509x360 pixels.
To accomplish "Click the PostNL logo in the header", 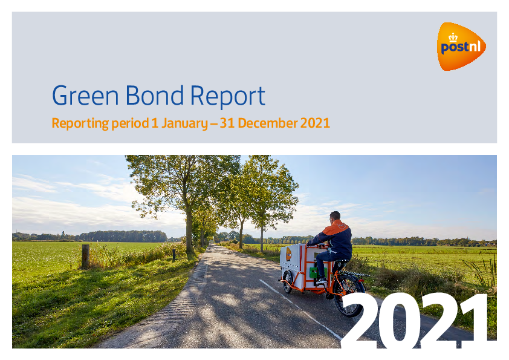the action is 461,47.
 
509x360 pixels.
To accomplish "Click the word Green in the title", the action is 85,96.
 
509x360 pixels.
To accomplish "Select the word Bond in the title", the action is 155,95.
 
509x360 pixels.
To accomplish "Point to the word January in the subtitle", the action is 185,124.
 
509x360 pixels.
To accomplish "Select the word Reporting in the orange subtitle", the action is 80,124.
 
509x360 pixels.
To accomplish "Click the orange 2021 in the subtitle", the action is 315,123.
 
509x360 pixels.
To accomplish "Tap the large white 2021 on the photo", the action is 415,320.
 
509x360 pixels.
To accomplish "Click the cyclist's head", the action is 335,216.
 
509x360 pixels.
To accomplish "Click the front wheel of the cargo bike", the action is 287,282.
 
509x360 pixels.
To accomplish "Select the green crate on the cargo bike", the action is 314,272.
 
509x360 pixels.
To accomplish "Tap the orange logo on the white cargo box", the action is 288,254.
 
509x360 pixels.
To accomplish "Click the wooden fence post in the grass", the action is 85,257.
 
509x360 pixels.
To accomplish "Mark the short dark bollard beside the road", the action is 174,255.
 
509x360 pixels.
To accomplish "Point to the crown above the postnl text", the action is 453,38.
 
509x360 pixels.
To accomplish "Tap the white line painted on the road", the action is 300,310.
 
